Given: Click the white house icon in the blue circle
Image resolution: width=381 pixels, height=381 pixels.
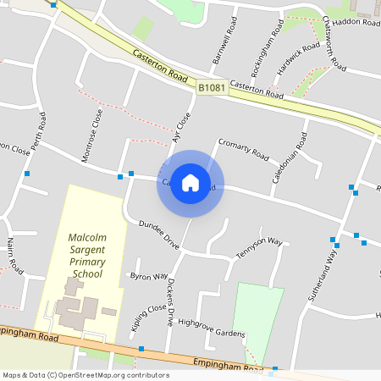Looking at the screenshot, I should tap(190, 183).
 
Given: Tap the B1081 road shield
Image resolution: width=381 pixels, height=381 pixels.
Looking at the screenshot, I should tap(212, 87).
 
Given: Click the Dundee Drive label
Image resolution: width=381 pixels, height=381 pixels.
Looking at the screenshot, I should tap(159, 235).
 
